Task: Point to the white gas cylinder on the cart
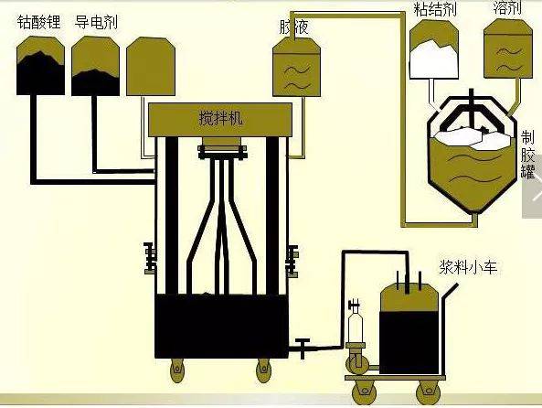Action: coord(356,324)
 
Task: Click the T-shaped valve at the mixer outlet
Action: coord(302,347)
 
